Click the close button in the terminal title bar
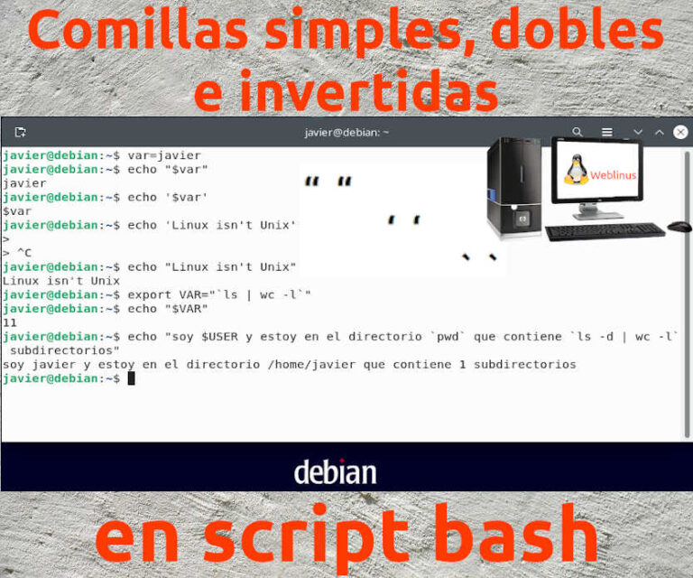click(680, 132)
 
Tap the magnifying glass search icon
click(577, 132)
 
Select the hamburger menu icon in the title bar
click(607, 132)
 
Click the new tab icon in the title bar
click(20, 132)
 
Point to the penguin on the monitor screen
click(577, 169)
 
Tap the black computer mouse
click(679, 226)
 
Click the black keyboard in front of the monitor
click(605, 231)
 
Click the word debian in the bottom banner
click(335, 471)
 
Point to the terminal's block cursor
click(131, 378)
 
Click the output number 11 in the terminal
click(10, 322)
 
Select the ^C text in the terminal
click(24, 253)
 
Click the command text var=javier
click(164, 155)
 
